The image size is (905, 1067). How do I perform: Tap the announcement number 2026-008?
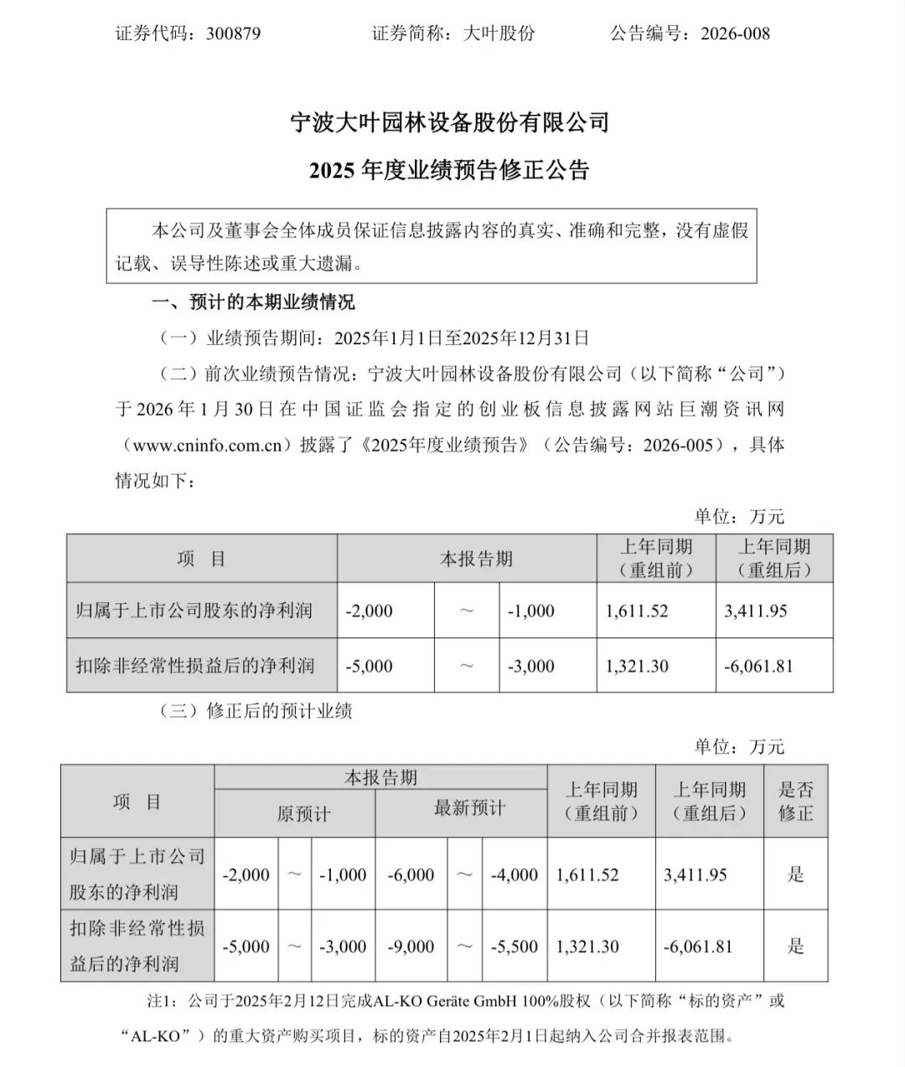735,34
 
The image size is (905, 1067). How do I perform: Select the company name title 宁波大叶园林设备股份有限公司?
449,123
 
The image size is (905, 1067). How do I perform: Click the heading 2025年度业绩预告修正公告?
449,171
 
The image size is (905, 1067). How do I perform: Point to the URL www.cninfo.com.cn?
207,445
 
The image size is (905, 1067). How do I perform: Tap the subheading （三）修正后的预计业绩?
256,711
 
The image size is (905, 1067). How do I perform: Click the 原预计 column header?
303,813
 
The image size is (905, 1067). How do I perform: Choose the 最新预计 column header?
469,808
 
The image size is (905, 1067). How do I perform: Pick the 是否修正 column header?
796,801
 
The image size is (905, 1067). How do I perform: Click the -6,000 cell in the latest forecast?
411,875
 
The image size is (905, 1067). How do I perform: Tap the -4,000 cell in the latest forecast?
515,875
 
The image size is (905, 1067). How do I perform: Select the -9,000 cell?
411,947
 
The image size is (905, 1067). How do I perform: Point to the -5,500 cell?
515,947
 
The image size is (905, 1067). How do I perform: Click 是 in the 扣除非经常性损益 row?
796,947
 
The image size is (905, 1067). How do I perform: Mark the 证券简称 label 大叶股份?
499,34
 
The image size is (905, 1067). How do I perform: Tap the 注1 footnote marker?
159,1001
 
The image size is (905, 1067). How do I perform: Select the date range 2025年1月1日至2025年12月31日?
462,338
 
